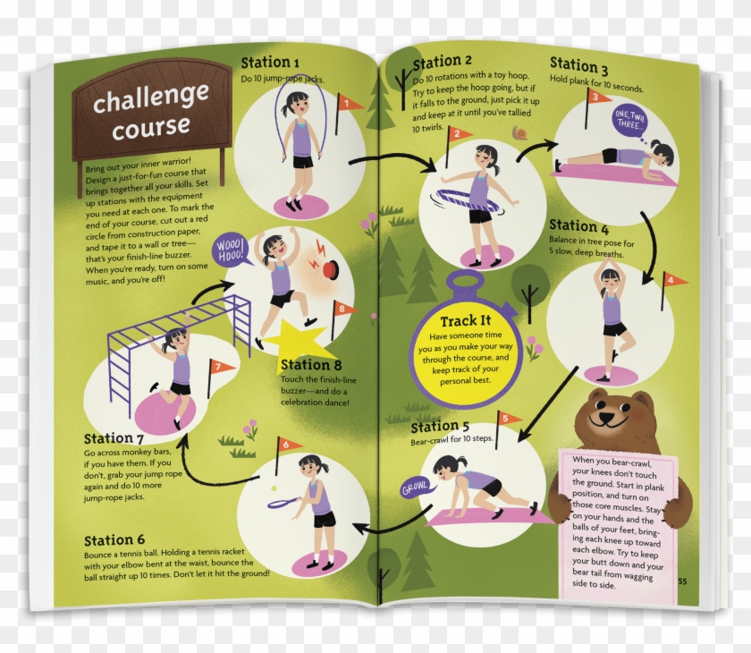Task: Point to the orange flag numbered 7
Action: pyautogui.click(x=220, y=367)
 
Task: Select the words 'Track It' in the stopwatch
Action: pyautogui.click(x=465, y=321)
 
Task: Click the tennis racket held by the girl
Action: pyautogui.click(x=283, y=503)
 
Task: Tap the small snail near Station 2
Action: pyautogui.click(x=519, y=134)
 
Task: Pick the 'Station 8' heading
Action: pyautogui.click(x=311, y=365)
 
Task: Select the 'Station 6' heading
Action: pyautogui.click(x=114, y=540)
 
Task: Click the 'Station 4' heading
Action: pyautogui.click(x=578, y=226)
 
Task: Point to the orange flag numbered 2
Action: pyautogui.click(x=459, y=136)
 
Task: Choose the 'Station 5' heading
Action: pyautogui.click(x=440, y=427)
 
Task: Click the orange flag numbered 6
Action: pyautogui.click(x=288, y=445)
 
